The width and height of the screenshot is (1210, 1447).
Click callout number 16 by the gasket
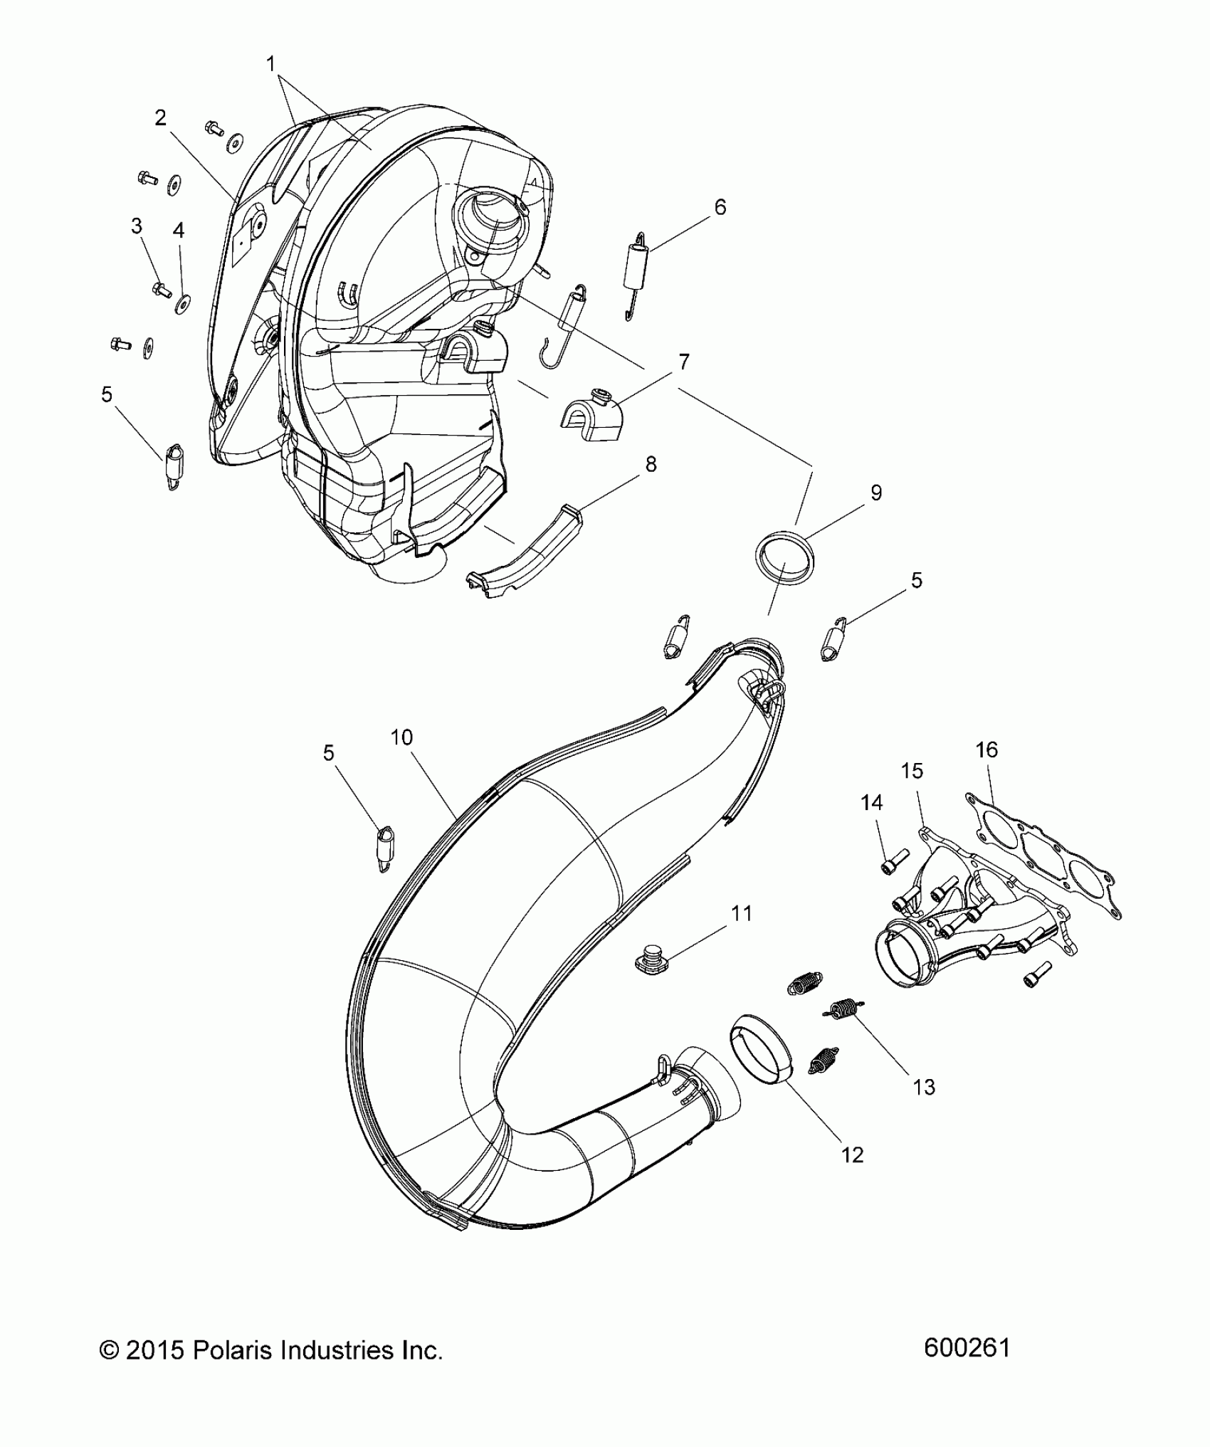987,749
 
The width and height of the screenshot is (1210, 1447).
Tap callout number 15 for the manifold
912,771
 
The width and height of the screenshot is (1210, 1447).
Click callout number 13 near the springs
924,1087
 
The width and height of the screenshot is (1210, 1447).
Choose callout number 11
742,913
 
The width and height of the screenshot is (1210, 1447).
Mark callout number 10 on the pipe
401,737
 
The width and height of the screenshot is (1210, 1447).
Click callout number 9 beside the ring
876,493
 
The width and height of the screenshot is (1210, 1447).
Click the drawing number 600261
967,1349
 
